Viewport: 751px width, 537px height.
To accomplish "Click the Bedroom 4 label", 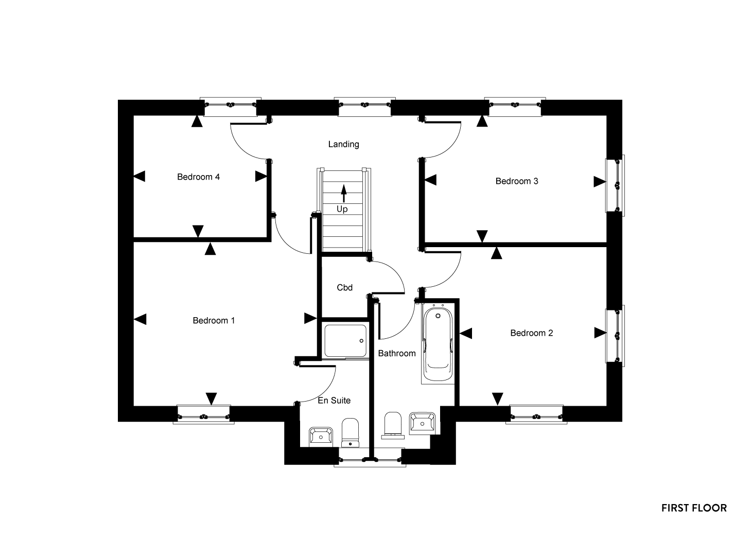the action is coord(198,177).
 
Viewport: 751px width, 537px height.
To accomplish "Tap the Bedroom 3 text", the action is coord(517,181).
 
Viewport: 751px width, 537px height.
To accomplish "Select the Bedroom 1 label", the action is coord(214,320).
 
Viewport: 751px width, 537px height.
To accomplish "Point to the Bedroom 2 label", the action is coord(531,333).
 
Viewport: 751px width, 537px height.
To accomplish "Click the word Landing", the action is coord(344,144).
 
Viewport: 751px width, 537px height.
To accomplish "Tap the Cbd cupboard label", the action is coord(345,287).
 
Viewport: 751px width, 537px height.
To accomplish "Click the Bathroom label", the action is coord(397,353).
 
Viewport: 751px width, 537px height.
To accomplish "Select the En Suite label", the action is coord(334,400).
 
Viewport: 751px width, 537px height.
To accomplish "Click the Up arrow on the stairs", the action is coord(343,193).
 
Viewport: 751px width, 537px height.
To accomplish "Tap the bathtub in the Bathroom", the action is coord(438,343).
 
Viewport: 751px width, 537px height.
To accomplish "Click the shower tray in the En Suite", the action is coord(345,340).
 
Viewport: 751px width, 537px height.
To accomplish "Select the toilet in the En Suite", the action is coord(350,432).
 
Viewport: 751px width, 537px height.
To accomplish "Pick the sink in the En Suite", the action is coord(321,437).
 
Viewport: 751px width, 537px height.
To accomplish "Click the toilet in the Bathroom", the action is coord(393,425).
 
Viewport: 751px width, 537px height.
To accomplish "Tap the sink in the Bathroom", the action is coord(423,424).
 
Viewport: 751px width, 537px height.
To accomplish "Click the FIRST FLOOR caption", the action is coord(694,508).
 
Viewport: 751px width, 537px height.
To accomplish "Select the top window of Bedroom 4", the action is coord(231,107).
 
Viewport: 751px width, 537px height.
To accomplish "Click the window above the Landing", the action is coord(365,107).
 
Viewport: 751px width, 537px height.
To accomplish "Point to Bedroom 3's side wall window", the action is coord(615,185).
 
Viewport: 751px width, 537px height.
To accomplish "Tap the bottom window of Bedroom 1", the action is coord(203,414).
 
